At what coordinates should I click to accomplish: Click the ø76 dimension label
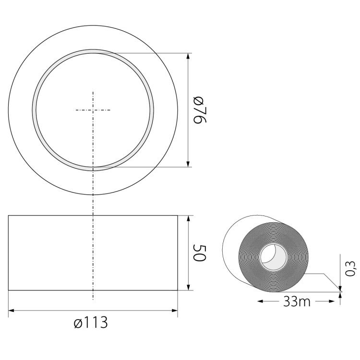(x=199, y=110)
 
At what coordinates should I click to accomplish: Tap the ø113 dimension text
(x=91, y=322)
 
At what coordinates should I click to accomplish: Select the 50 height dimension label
(x=199, y=253)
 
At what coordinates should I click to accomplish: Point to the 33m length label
(x=297, y=301)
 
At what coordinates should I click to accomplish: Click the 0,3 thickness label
(x=351, y=269)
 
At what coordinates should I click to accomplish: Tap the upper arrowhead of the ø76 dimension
(x=188, y=57)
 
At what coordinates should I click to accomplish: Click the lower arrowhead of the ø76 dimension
(x=188, y=164)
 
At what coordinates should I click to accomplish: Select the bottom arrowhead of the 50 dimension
(x=188, y=287)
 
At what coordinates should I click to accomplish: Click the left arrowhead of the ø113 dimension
(x=12, y=311)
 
